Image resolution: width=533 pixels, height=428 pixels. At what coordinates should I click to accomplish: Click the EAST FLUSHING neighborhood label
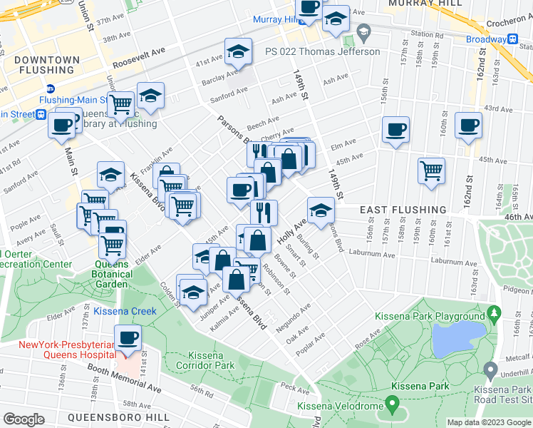pos(403,210)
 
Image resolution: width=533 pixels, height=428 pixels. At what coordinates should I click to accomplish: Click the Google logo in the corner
pos(24,419)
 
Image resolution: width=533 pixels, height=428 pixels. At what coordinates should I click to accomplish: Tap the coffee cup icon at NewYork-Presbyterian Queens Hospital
pos(128,337)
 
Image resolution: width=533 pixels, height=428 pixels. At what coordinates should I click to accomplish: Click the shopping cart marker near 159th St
pos(431,170)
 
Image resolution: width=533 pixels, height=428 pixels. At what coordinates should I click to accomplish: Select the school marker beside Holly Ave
pos(321,210)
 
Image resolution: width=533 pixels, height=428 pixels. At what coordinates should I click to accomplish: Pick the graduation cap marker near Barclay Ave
pos(239,51)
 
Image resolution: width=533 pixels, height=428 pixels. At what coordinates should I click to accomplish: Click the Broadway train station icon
pos(512,39)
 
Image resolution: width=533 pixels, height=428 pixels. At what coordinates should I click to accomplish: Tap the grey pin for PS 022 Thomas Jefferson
pos(364,32)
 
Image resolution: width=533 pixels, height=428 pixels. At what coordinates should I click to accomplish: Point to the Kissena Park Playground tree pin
pos(494,314)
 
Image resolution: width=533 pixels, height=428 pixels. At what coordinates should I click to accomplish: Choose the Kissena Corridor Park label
pos(210,360)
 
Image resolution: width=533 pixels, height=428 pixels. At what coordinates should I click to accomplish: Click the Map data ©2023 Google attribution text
pos(488,422)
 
